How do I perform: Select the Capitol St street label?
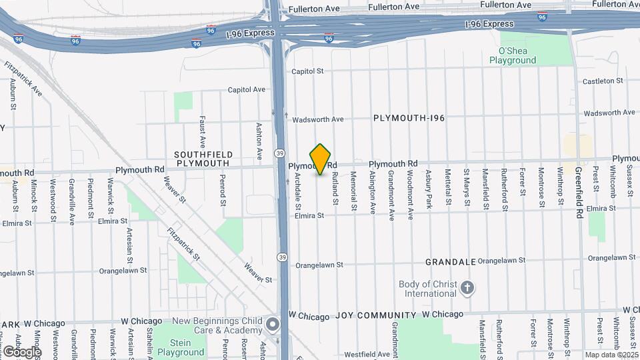[x=307, y=71]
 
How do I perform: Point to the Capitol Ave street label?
[x=247, y=89]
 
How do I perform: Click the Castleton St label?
[x=602, y=81]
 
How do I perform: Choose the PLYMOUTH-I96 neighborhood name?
[x=409, y=118]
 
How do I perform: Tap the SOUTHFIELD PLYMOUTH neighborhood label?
[x=202, y=158]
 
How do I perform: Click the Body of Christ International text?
[x=427, y=289]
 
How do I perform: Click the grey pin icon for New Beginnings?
[x=272, y=326]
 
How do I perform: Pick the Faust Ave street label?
[x=201, y=131]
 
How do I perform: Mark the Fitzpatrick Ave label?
[x=23, y=79]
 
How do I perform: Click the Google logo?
[x=22, y=351]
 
